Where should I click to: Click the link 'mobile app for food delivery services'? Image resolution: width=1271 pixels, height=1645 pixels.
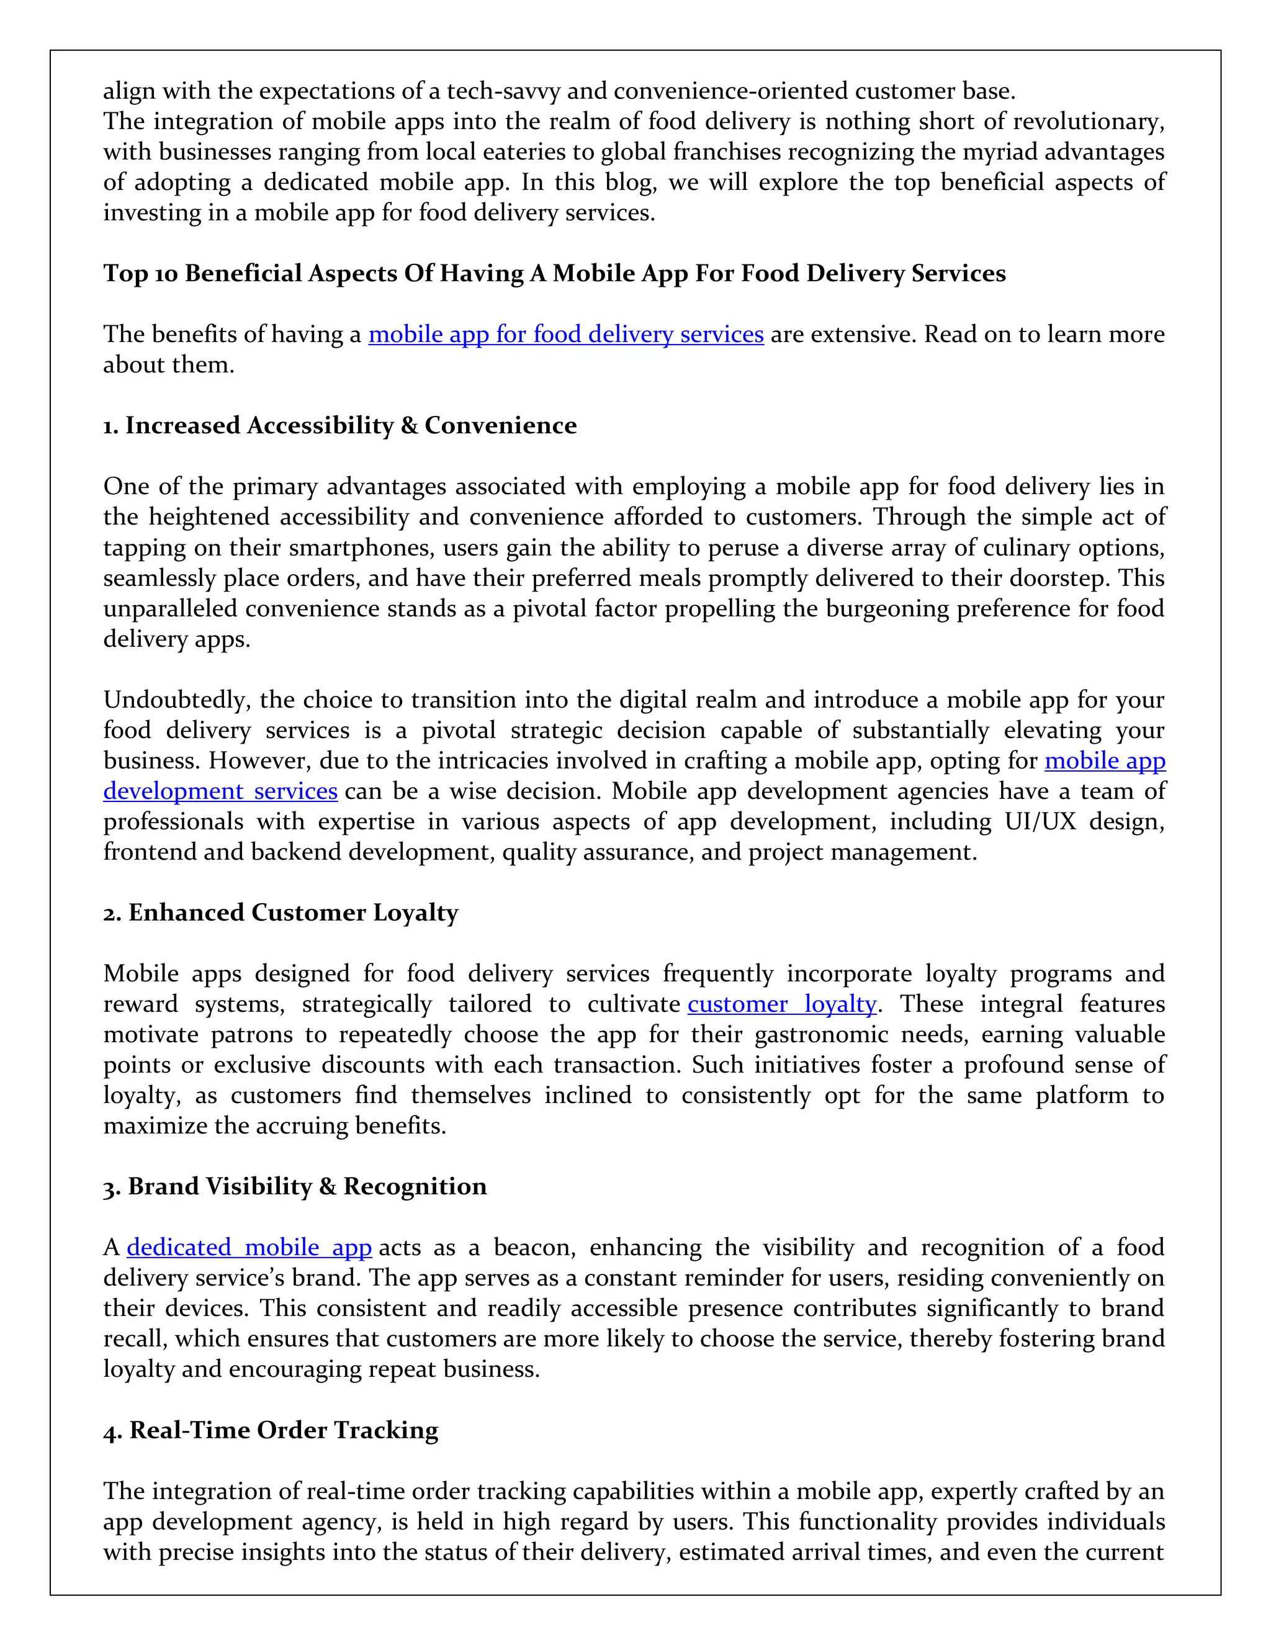[565, 334]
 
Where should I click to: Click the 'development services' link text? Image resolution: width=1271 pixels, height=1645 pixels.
[220, 791]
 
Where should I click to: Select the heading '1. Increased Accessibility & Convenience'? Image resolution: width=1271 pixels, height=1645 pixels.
[339, 426]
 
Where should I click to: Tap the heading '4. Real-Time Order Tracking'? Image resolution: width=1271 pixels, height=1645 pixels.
[271, 1430]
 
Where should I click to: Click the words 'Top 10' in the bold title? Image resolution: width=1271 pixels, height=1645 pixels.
[140, 273]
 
